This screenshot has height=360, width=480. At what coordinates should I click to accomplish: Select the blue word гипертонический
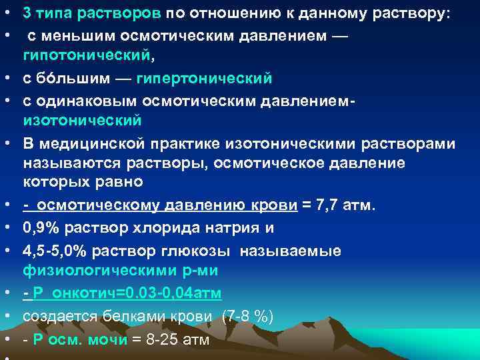point(204,79)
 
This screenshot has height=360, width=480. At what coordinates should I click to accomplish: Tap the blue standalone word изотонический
point(82,121)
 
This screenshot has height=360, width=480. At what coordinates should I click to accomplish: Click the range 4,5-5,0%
point(56,251)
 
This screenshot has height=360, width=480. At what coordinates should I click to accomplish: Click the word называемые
point(299,251)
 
